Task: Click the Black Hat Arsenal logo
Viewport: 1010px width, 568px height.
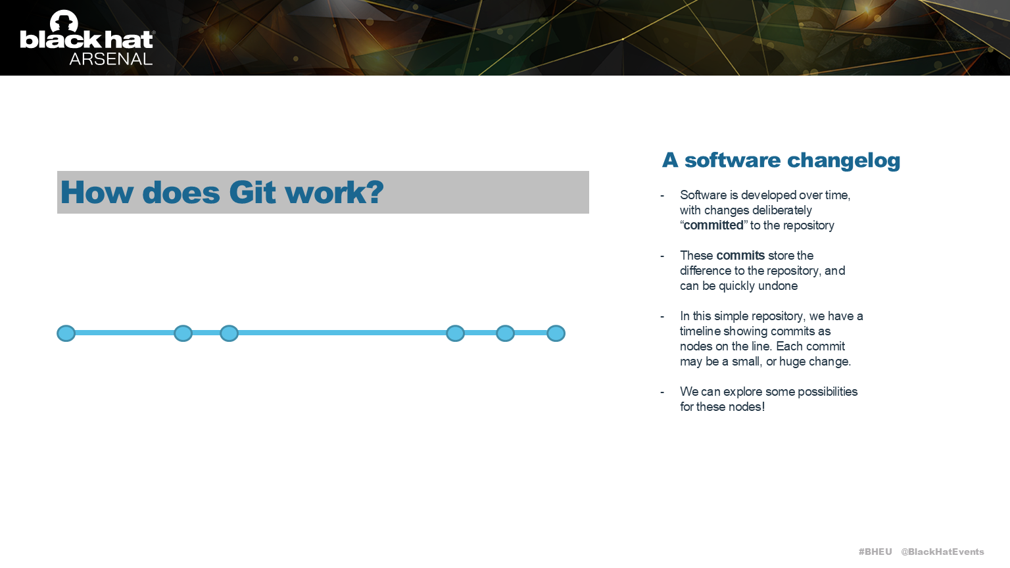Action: pos(87,38)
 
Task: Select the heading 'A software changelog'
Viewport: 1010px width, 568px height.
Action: pos(781,160)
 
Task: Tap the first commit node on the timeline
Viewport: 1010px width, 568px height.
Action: pos(66,333)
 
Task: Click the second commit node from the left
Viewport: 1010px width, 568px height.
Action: pos(183,333)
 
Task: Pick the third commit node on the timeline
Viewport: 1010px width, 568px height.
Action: pos(229,333)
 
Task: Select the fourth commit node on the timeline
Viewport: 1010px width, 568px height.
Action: pos(455,333)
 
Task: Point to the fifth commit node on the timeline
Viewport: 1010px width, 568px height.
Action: pos(505,333)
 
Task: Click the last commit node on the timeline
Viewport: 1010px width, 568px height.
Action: pos(556,333)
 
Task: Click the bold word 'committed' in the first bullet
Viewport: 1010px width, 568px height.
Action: pos(713,225)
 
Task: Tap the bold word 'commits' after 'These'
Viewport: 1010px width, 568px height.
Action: pos(740,255)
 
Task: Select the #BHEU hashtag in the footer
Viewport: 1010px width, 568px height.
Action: pos(875,552)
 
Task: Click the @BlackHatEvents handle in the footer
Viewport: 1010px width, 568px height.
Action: pos(942,552)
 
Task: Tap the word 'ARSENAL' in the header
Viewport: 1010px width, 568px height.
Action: pos(110,59)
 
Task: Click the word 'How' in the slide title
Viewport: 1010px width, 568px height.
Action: pos(97,193)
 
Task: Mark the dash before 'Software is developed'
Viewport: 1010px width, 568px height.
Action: pos(662,195)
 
